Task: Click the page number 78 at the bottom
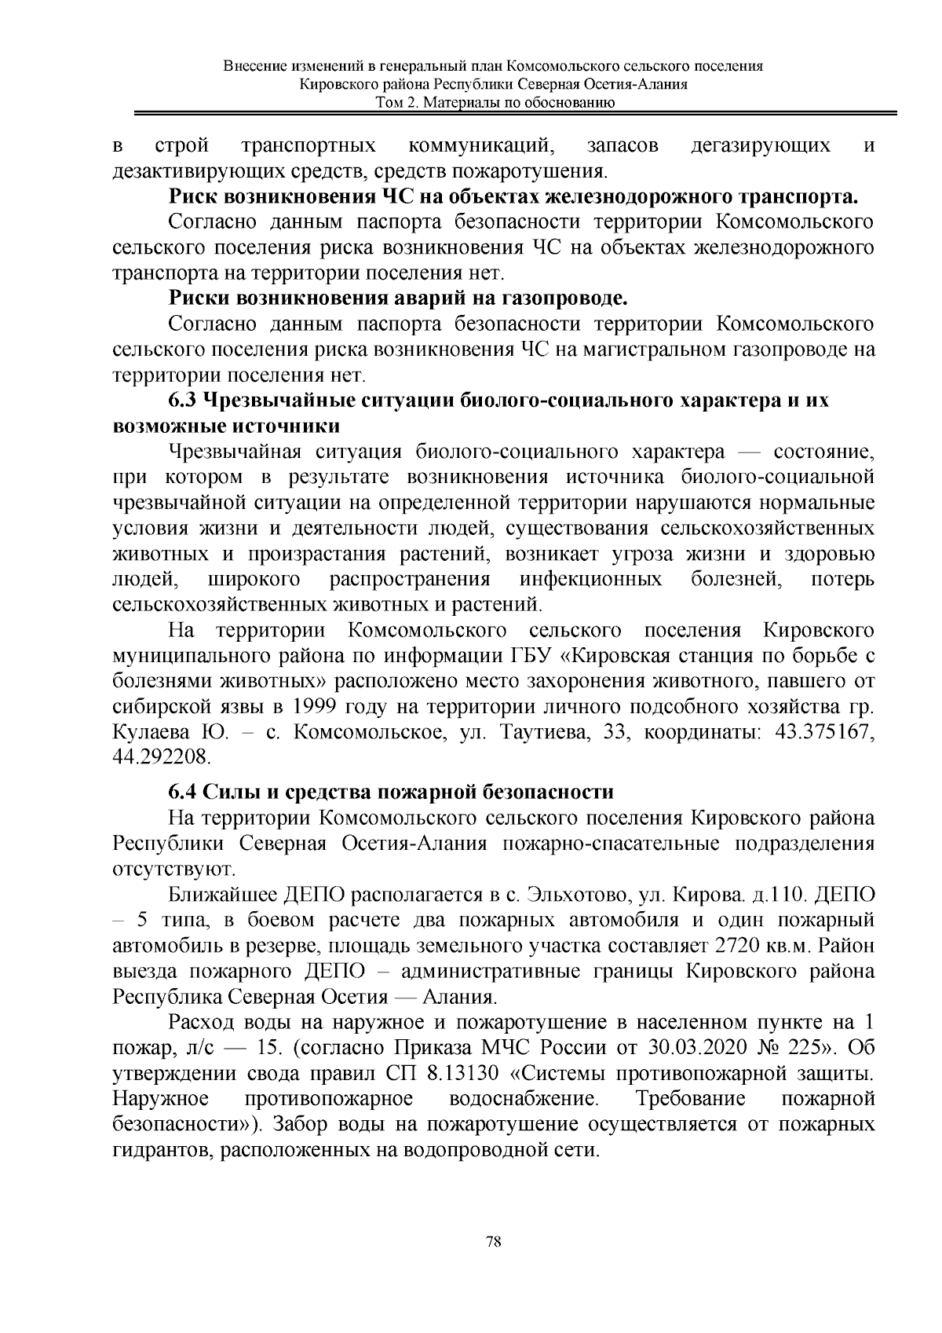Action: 494,1242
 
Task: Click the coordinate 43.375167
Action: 825,731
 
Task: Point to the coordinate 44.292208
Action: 162,757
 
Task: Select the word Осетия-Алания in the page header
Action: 637,85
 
